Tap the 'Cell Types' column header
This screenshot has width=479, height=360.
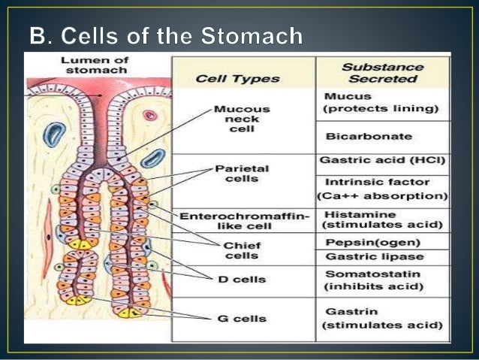pos(238,77)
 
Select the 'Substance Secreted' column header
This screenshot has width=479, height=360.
pos(381,71)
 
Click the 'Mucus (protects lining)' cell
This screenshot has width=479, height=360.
pos(381,103)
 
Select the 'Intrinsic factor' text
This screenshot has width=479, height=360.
pos(367,182)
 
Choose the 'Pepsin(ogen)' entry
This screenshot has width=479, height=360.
pos(362,243)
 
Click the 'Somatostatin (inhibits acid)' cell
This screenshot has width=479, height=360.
pos(374,280)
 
